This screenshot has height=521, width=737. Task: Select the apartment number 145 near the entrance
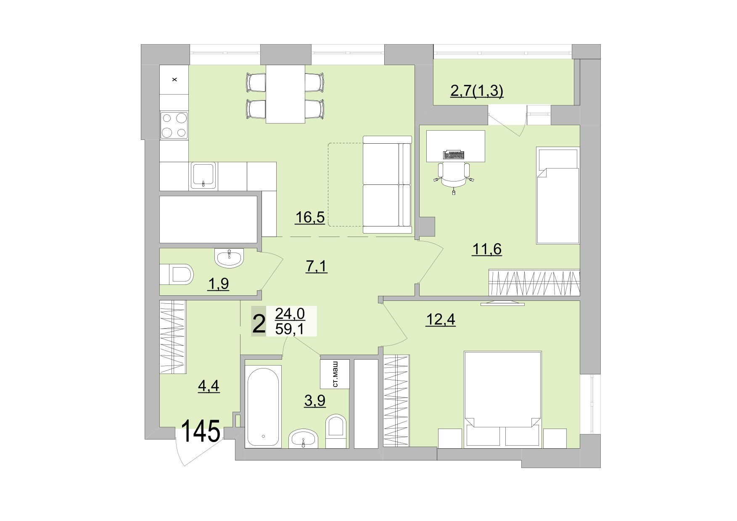[201, 432]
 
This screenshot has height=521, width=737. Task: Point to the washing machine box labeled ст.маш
[335, 374]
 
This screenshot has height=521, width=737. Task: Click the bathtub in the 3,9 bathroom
[263, 406]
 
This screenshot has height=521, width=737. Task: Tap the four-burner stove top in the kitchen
[174, 125]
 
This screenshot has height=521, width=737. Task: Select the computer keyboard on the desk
[454, 155]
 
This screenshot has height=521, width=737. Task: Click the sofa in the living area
[387, 184]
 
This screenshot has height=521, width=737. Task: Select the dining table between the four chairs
[285, 94]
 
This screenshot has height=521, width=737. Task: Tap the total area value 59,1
[290, 329]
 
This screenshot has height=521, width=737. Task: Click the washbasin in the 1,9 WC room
[229, 257]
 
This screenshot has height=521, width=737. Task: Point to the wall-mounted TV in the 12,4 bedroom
[502, 303]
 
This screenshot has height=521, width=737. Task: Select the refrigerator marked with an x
[174, 79]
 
